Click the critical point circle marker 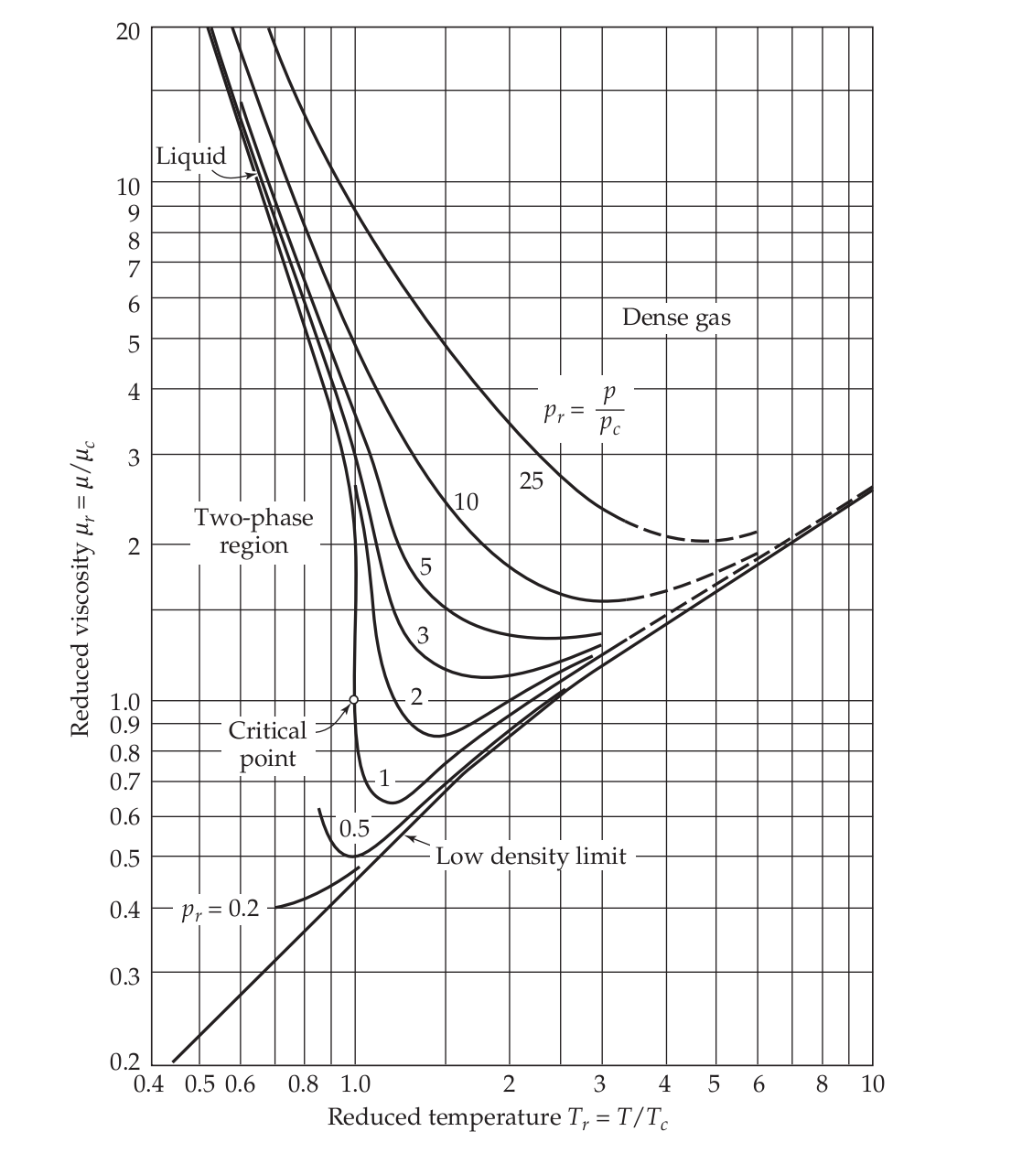coord(354,700)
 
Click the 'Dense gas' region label coord(676,318)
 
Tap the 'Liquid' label coord(190,156)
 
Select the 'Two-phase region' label coord(253,531)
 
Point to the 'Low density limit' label coord(531,857)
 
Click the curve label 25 coord(532,481)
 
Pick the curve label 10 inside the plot coord(466,501)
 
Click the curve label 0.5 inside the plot coord(354,829)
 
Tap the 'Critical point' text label coord(267,744)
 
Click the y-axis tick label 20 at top coord(128,29)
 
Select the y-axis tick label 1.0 coord(125,703)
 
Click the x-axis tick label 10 coord(872,1085)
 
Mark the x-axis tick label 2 coord(509,1085)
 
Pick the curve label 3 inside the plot coord(422,635)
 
